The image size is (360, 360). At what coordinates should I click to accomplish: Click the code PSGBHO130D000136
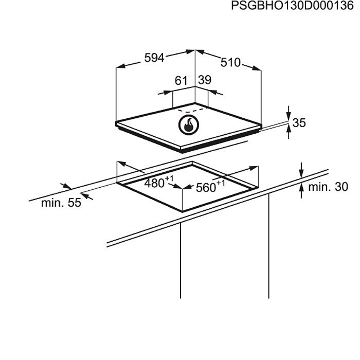tap(292, 6)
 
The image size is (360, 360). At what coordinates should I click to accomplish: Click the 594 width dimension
tap(154, 58)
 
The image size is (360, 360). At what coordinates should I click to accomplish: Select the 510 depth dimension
tap(230, 62)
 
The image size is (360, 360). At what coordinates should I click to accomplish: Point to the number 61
tap(181, 81)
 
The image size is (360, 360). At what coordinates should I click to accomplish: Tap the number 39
tap(205, 80)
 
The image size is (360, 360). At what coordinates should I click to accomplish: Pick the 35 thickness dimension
tap(299, 123)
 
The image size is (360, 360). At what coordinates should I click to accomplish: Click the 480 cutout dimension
tap(154, 184)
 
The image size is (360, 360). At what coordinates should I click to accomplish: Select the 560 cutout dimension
tap(206, 188)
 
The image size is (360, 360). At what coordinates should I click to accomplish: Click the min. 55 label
tap(61, 203)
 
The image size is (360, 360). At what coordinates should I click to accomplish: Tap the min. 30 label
tap(328, 187)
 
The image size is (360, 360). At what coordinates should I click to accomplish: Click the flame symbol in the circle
tap(189, 125)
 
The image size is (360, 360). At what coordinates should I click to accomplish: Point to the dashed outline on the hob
tap(190, 110)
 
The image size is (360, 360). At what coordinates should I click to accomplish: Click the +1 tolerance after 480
tap(169, 178)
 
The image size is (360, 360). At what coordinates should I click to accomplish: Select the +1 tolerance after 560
tap(221, 183)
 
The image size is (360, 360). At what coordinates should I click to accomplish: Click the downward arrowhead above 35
tap(289, 116)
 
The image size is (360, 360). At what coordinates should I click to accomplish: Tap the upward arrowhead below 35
tap(289, 130)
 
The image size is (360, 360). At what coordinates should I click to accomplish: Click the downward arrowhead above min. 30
tap(301, 173)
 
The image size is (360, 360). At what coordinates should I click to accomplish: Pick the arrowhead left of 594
tap(121, 66)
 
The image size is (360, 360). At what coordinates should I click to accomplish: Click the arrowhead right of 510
tap(257, 68)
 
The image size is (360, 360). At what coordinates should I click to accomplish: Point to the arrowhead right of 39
tap(212, 92)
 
